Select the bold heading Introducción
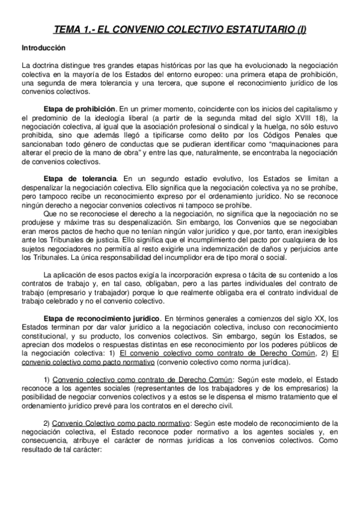44,47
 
